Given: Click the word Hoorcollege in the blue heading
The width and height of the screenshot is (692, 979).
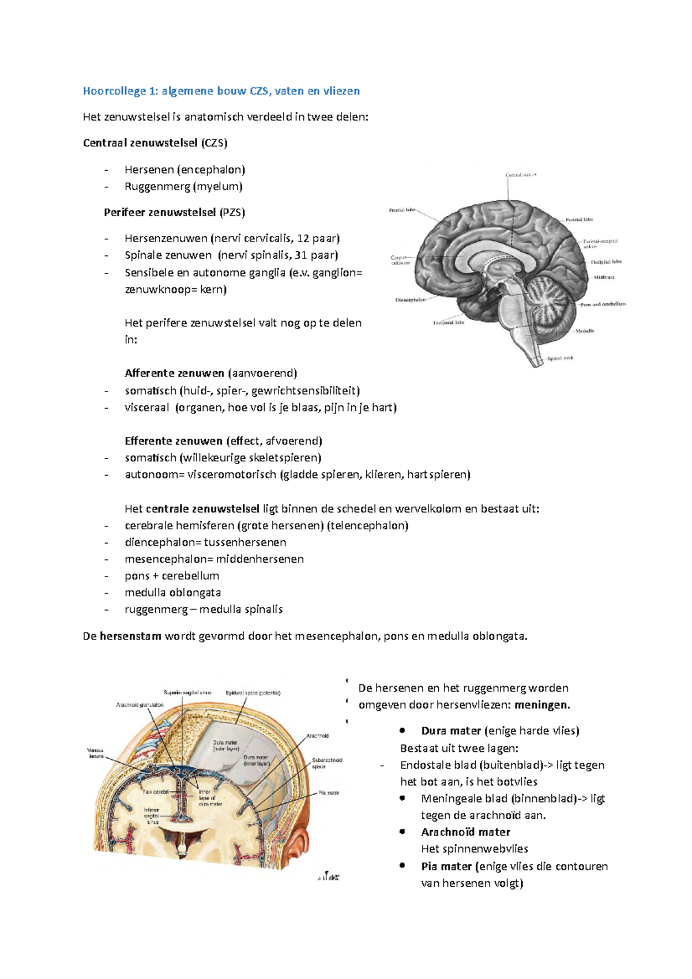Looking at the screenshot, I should point(114,91).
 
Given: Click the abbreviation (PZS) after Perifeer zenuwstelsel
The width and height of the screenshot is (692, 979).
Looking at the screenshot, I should point(232,213).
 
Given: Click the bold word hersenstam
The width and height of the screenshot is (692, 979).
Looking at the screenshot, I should point(130,637).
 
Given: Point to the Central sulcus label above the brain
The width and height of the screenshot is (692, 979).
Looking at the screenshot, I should point(521,175).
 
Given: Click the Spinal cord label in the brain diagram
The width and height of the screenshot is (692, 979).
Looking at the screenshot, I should point(559,358).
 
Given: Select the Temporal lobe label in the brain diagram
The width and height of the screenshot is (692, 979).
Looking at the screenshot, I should point(448,323).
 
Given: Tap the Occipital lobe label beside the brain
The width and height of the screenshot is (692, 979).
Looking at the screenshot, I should point(605,262).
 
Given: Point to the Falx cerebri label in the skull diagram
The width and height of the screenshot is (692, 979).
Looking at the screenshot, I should point(156,793).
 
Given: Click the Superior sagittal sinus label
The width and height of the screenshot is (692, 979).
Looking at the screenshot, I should point(187,692).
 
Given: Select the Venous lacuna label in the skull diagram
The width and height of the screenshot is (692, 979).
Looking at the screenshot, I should point(95,753).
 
